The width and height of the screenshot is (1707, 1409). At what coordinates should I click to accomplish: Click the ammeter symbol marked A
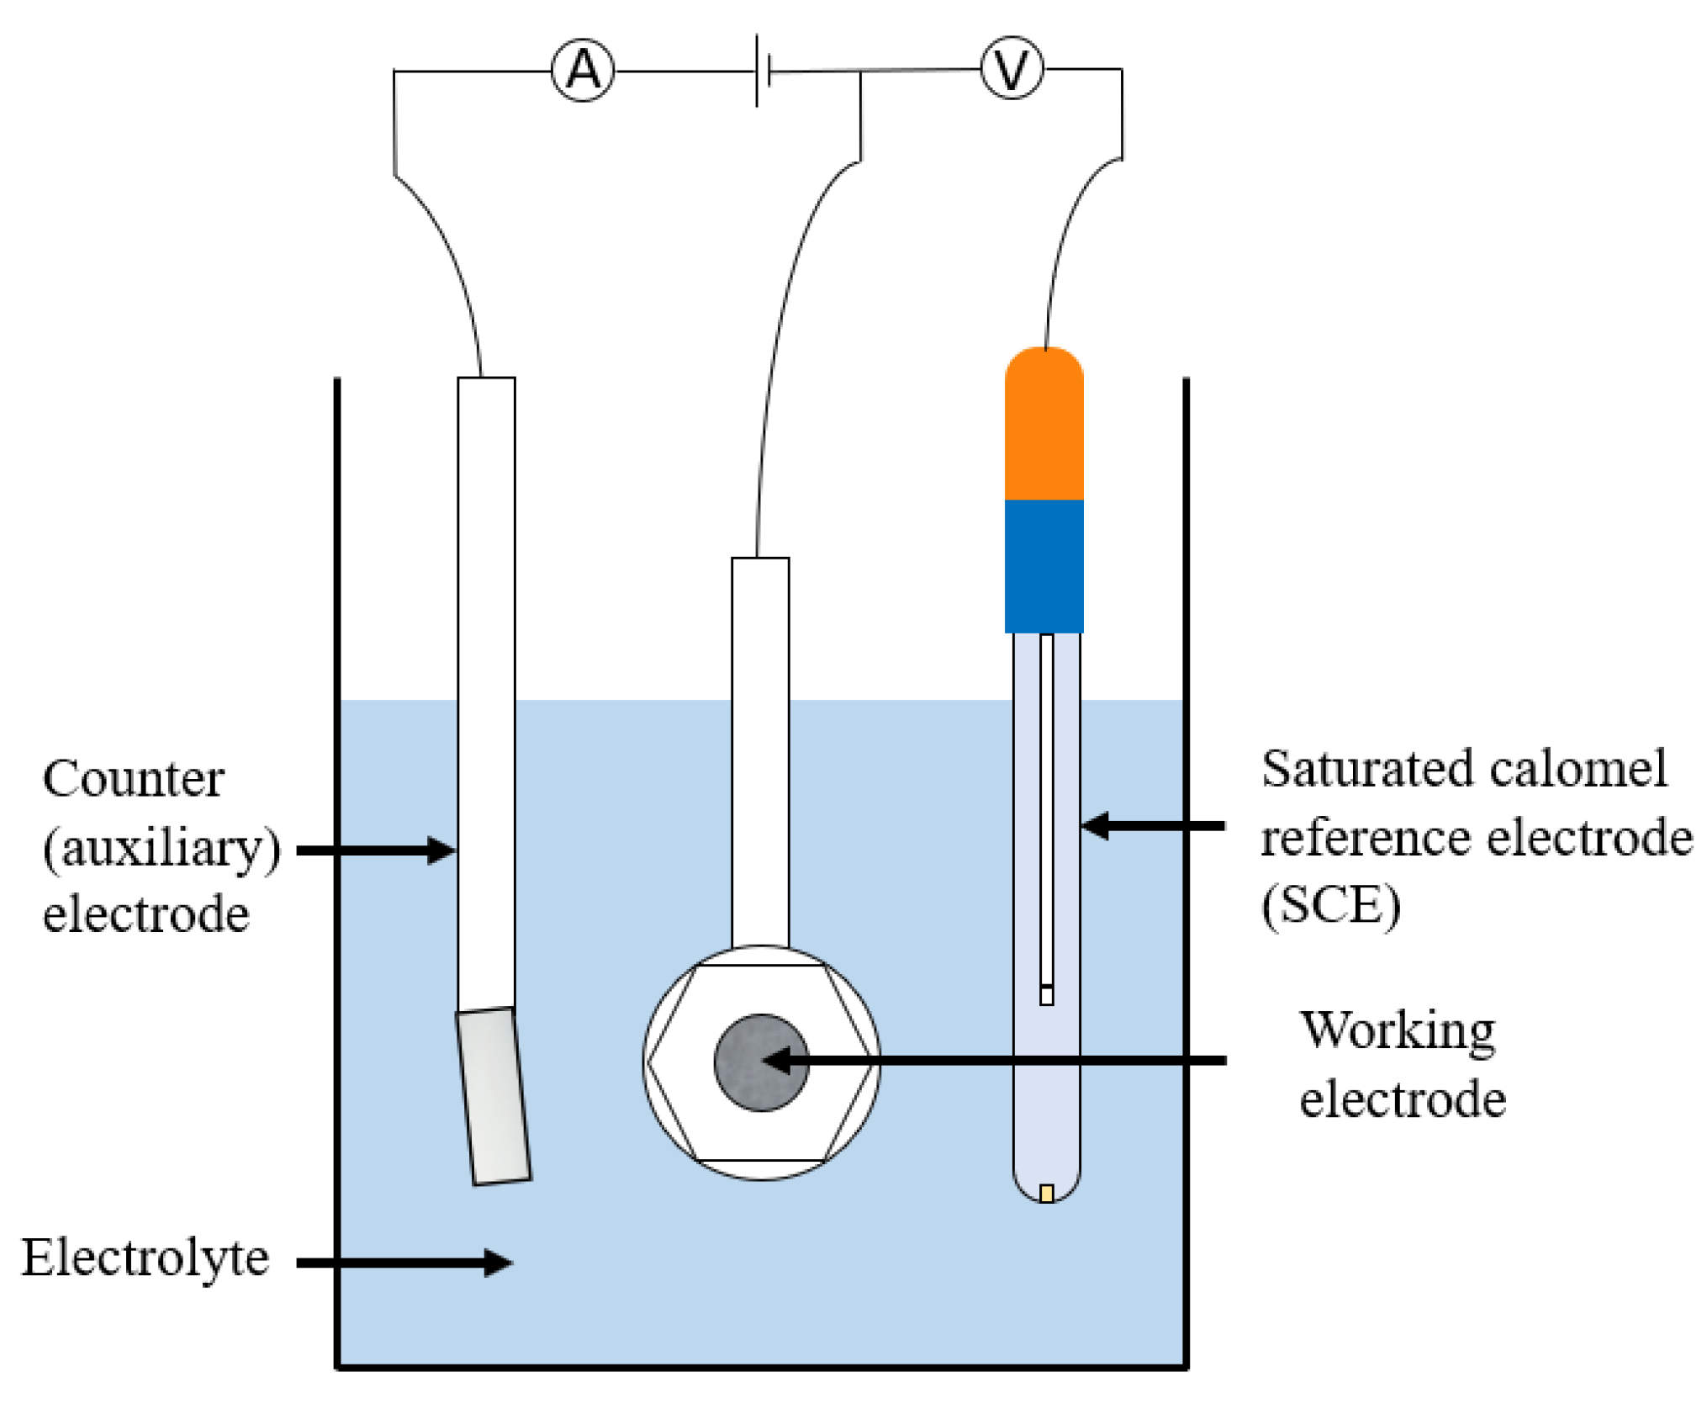tap(583, 71)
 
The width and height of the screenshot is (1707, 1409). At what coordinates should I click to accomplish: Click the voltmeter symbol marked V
tap(1011, 69)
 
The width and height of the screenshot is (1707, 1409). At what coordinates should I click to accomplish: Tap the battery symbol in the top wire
tap(763, 72)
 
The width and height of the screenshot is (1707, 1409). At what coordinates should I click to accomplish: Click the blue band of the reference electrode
tap(1044, 565)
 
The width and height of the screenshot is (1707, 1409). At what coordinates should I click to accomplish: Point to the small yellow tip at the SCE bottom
tap(1046, 1193)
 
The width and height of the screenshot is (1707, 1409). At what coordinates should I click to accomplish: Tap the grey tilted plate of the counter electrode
tap(494, 1096)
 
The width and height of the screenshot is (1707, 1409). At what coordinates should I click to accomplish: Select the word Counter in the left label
tap(133, 779)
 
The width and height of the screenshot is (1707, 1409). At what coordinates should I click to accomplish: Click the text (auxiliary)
tap(161, 848)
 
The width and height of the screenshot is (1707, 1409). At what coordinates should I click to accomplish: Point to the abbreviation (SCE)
tap(1330, 905)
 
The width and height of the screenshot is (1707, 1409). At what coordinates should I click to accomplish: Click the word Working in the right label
tap(1398, 1030)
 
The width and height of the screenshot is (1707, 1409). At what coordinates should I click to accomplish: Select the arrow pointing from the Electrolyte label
tap(404, 1262)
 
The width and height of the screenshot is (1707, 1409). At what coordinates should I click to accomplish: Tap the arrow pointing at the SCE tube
tap(1152, 826)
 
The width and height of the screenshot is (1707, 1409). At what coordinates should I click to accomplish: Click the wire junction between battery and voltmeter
tap(860, 72)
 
